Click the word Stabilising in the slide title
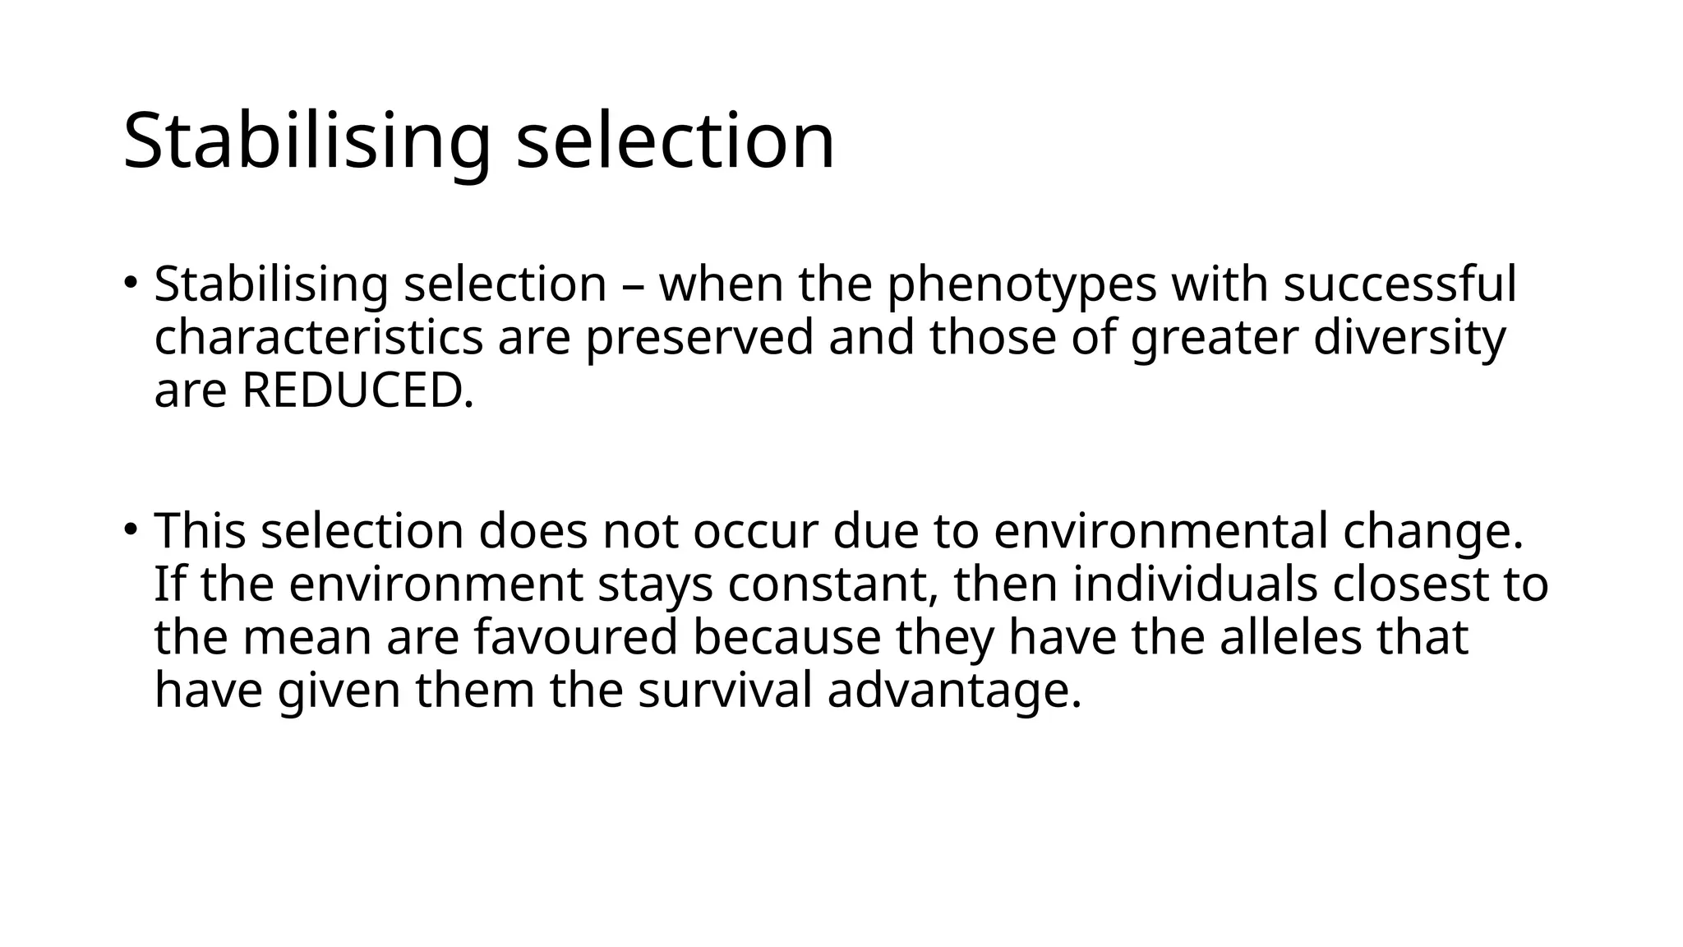click(x=307, y=141)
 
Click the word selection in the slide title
click(x=675, y=141)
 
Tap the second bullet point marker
click(x=131, y=529)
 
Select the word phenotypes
click(x=1021, y=285)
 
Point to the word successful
click(x=1399, y=285)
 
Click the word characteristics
click(x=319, y=338)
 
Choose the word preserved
click(x=699, y=338)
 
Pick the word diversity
click(x=1409, y=338)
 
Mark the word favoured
click(x=576, y=638)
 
